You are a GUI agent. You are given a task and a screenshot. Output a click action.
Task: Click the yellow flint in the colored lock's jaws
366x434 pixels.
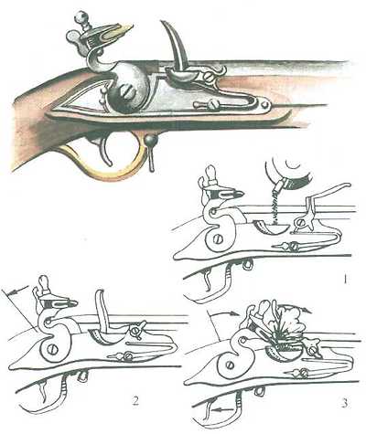(x=121, y=31)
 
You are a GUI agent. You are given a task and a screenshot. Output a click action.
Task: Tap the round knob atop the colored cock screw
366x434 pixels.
(x=81, y=16)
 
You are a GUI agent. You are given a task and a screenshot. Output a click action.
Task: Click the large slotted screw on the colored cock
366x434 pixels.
(x=126, y=92)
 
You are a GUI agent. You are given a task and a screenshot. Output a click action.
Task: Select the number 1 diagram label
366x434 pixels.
(x=345, y=279)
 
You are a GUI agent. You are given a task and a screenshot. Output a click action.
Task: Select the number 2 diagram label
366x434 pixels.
(x=135, y=401)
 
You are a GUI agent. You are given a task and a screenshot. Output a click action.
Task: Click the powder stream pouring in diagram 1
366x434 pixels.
(x=275, y=207)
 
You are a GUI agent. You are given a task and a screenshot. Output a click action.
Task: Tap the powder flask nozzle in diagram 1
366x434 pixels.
(x=280, y=185)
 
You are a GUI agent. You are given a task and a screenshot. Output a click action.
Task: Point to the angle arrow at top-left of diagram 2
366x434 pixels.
(x=18, y=291)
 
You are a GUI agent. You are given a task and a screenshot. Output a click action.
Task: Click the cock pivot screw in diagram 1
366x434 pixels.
(x=219, y=239)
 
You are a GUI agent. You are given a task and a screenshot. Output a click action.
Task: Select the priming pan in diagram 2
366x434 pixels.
(x=105, y=336)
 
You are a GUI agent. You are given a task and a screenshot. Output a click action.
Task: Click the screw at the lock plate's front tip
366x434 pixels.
(x=265, y=104)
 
